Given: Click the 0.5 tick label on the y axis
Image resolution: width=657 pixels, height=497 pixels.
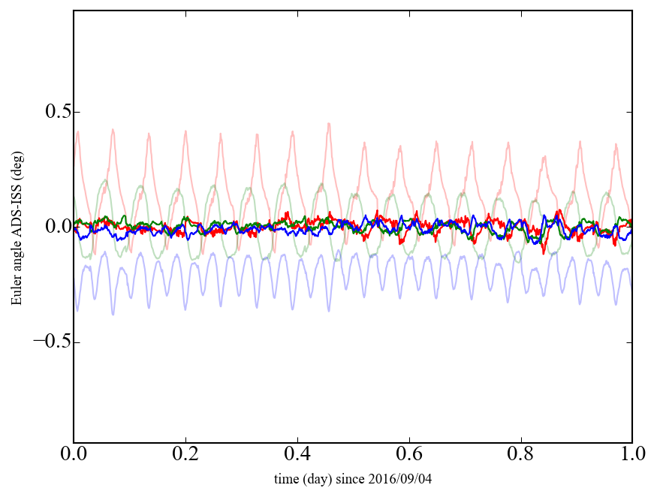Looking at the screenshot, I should pyautogui.click(x=50, y=113).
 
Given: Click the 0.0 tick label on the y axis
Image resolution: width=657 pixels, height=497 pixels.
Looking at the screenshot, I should pyautogui.click(x=50, y=227).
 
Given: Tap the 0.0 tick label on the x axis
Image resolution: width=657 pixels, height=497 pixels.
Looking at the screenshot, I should pyautogui.click(x=74, y=456).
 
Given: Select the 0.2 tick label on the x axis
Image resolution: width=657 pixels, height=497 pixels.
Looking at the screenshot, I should pyautogui.click(x=185, y=456).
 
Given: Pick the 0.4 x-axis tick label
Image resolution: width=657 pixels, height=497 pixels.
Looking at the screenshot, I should pyautogui.click(x=297, y=456).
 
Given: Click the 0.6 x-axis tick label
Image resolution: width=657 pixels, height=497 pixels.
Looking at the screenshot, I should pyautogui.click(x=409, y=456).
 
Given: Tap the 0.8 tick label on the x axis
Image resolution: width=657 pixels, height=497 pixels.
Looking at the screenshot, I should pyautogui.click(x=521, y=456).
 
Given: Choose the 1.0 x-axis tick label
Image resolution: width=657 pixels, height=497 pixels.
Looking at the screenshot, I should pyautogui.click(x=632, y=456).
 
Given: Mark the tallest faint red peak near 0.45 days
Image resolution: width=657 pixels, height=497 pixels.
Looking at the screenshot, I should pyautogui.click(x=329, y=124).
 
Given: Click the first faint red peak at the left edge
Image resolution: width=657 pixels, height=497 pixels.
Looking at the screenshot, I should pyautogui.click(x=77, y=131).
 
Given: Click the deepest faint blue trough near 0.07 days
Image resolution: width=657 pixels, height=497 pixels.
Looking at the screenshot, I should pyautogui.click(x=113, y=314).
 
